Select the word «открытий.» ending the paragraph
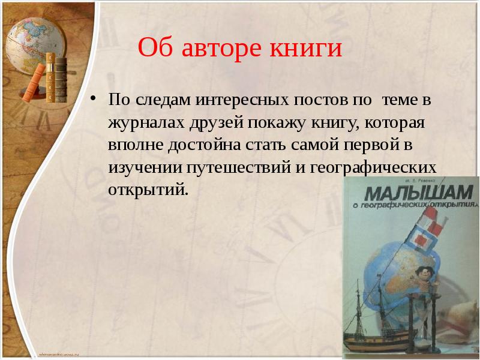click(x=148, y=191)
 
